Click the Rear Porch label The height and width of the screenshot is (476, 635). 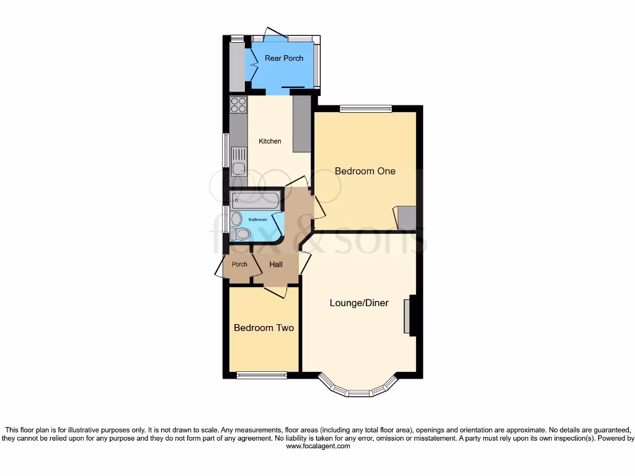284,58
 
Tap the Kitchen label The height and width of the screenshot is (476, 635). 270,141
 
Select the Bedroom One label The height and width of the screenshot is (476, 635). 365,171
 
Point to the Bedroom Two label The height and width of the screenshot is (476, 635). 264,328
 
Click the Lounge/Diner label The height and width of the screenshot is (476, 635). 359,303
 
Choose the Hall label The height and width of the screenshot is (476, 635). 276,265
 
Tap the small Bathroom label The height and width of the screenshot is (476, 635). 258,220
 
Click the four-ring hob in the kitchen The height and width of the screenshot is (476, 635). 239,105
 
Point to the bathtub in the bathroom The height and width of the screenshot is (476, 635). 255,200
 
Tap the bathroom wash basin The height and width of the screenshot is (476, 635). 236,219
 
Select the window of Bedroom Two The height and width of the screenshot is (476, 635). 262,375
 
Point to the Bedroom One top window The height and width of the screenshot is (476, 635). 366,109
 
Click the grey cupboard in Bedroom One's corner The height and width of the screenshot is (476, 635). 407,218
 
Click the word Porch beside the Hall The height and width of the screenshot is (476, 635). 239,265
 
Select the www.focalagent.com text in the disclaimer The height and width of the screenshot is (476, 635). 317,446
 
